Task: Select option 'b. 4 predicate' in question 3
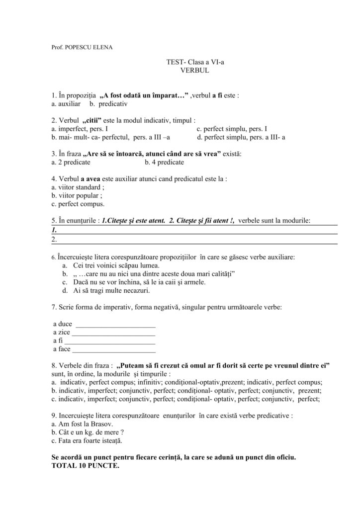coord(164,162)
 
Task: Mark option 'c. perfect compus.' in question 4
coord(78,204)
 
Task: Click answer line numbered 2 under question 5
coord(194,240)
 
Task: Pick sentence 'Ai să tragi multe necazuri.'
coord(110,290)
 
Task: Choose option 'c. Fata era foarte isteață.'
coord(87,440)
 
